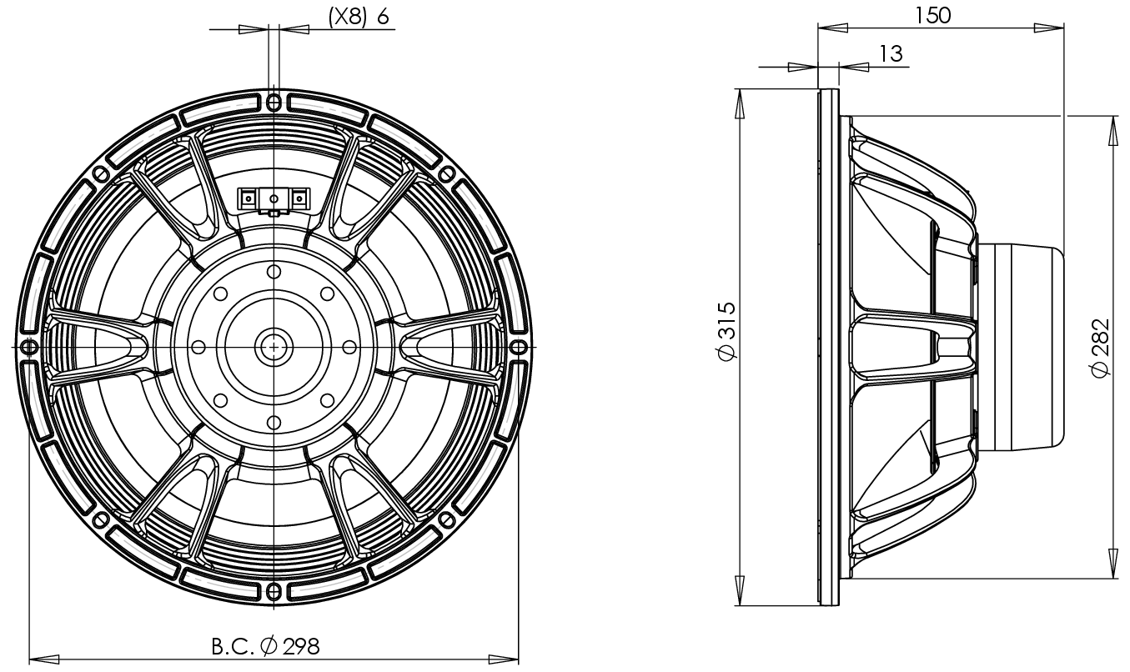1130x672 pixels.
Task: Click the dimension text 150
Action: pos(933,14)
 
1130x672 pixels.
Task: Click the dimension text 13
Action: pos(891,53)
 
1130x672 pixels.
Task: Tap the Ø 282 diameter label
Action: pos(1101,347)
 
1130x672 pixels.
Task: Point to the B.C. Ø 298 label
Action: pos(264,646)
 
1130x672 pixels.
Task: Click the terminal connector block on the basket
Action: pos(274,199)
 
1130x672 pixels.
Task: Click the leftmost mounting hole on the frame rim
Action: pos(28,346)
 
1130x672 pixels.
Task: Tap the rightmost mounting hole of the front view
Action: pos(519,346)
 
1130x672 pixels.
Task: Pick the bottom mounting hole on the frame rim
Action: pos(274,591)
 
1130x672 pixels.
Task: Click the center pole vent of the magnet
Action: pos(274,345)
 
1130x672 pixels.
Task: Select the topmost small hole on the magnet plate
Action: pos(274,271)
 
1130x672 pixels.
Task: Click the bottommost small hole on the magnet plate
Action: pos(274,420)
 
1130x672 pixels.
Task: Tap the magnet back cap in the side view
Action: pos(1022,347)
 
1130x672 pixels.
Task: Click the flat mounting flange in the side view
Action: pos(827,347)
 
